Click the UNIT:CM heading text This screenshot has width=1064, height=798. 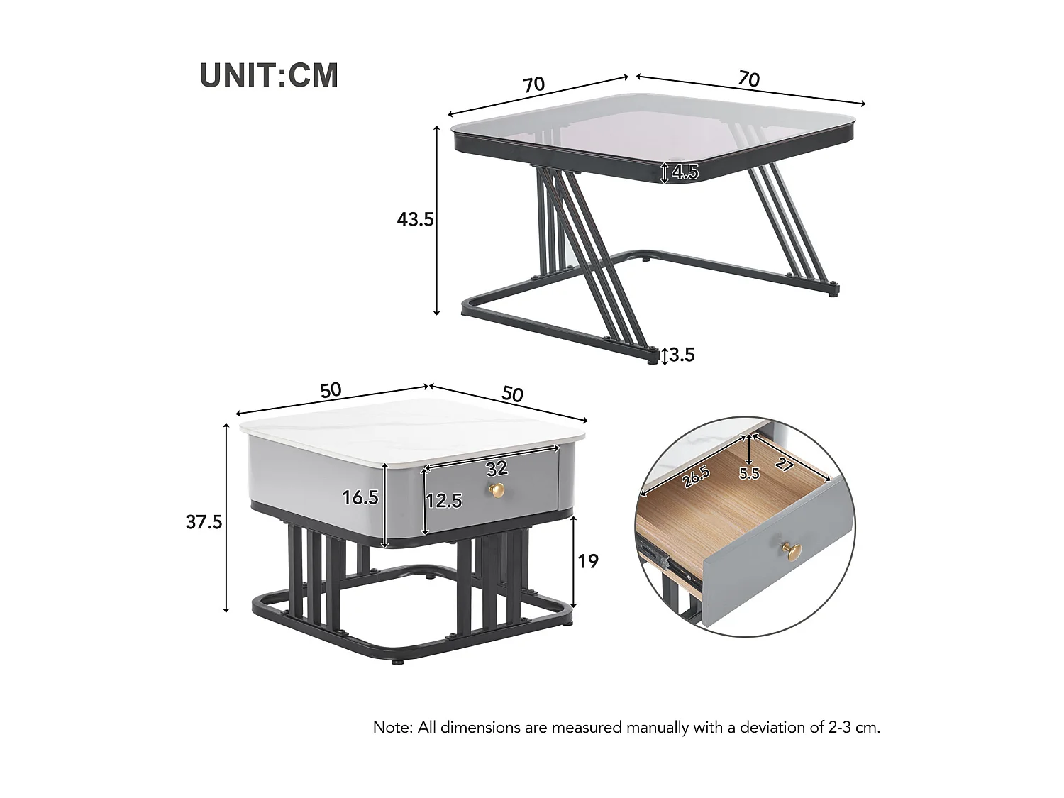269,75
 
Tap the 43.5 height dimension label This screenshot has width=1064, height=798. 415,220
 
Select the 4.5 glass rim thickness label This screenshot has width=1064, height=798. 685,172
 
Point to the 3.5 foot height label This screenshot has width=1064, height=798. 682,355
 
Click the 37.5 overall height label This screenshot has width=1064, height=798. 204,522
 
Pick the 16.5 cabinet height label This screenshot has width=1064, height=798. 360,498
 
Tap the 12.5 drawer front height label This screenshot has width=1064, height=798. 444,501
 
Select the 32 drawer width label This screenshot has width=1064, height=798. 497,468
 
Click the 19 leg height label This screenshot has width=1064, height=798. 588,561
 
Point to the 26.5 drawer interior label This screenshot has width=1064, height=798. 696,477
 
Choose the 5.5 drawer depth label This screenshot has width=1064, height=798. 749,473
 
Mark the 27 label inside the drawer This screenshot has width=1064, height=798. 784,465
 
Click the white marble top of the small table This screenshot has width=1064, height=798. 411,429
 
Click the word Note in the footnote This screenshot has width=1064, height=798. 391,727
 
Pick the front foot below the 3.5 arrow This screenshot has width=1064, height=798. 651,359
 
